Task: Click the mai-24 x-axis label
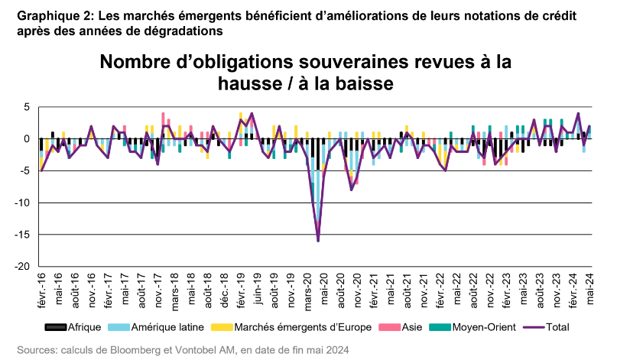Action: [x=589, y=288]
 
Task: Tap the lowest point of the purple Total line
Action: [x=318, y=241]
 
